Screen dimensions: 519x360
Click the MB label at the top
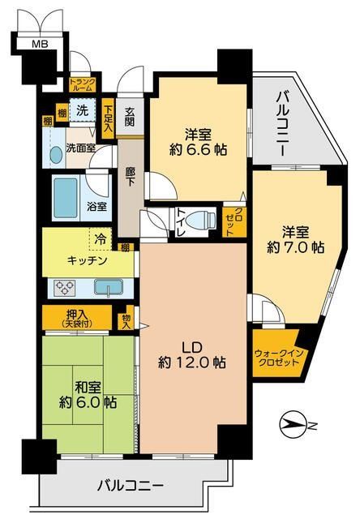click(39, 43)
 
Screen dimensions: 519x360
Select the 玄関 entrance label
click(129, 117)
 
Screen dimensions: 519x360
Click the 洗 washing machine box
click(83, 110)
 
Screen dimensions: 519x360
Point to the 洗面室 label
click(81, 148)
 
